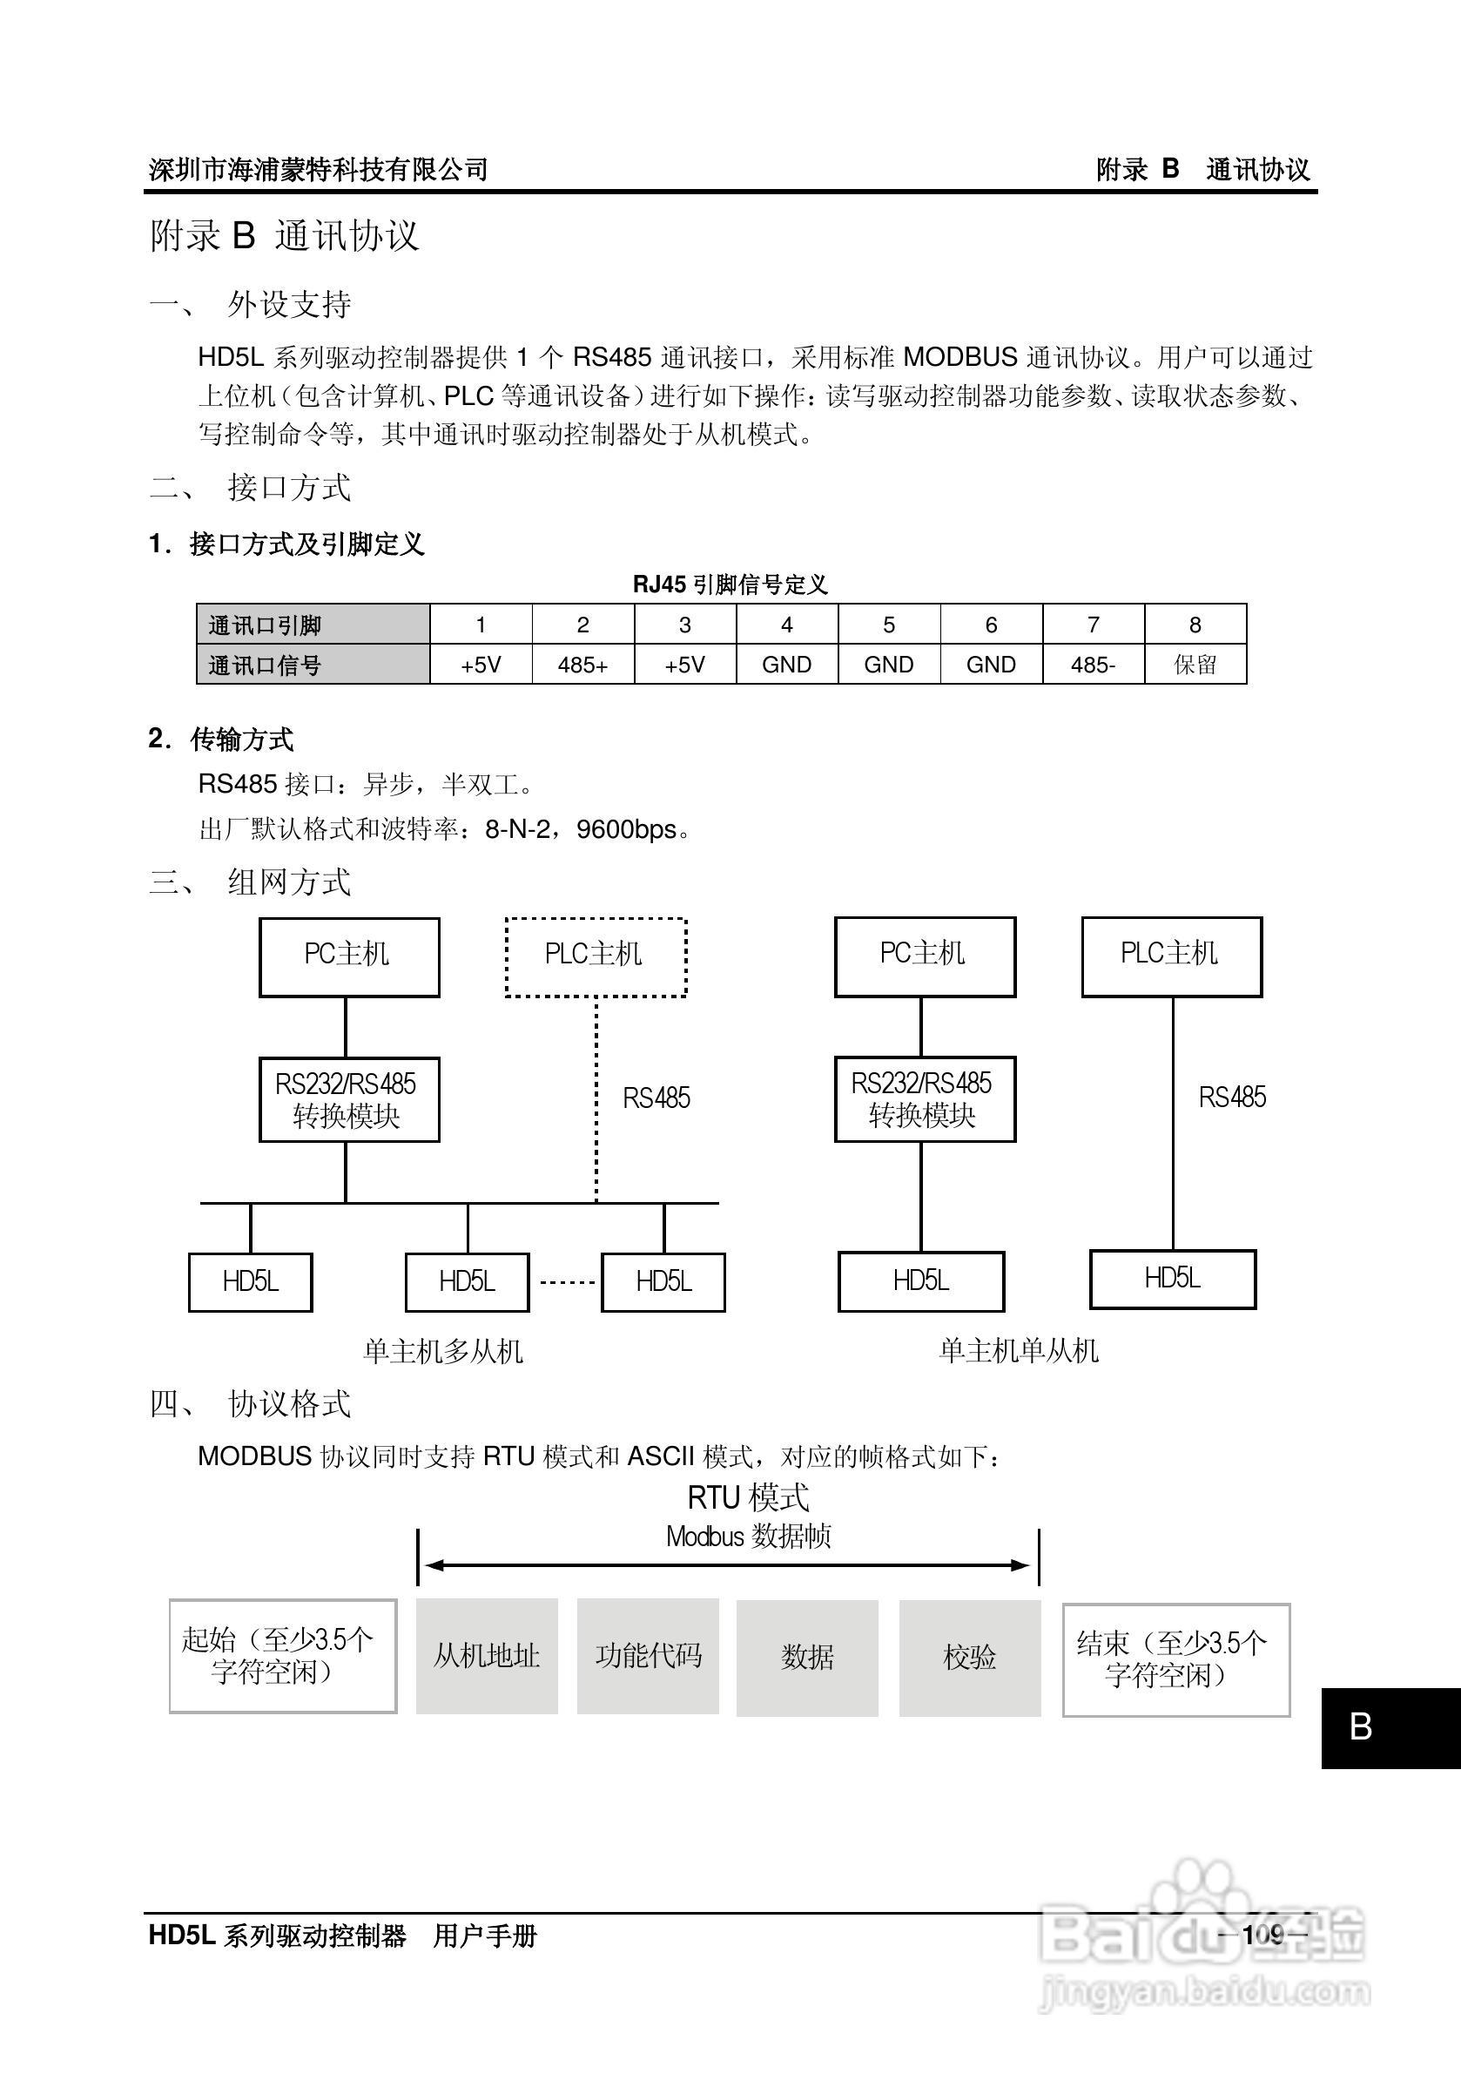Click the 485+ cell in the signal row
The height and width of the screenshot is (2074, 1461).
tap(582, 665)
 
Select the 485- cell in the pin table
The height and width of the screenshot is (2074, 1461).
tap(1093, 665)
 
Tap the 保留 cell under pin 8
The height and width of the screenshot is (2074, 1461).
tap(1195, 665)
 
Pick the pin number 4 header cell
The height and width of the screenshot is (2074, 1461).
tap(786, 625)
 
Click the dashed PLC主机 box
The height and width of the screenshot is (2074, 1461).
tap(595, 956)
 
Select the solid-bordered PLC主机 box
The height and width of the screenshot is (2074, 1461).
tap(1171, 956)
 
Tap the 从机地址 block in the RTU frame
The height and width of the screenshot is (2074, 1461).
tap(487, 1656)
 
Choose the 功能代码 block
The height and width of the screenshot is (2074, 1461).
tap(648, 1656)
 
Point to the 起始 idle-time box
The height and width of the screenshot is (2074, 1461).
tap(283, 1656)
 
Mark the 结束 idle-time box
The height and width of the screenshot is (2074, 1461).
tap(1175, 1659)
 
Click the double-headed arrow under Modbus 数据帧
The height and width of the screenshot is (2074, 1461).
tap(727, 1565)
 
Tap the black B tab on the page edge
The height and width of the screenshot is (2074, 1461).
tap(1390, 1727)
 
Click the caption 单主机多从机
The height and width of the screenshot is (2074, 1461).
tap(442, 1351)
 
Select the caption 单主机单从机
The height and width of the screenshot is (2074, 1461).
tap(1018, 1350)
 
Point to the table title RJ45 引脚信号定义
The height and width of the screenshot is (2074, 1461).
tap(730, 584)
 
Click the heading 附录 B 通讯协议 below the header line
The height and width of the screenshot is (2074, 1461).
tap(285, 236)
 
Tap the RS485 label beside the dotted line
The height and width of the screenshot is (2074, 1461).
tap(656, 1098)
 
